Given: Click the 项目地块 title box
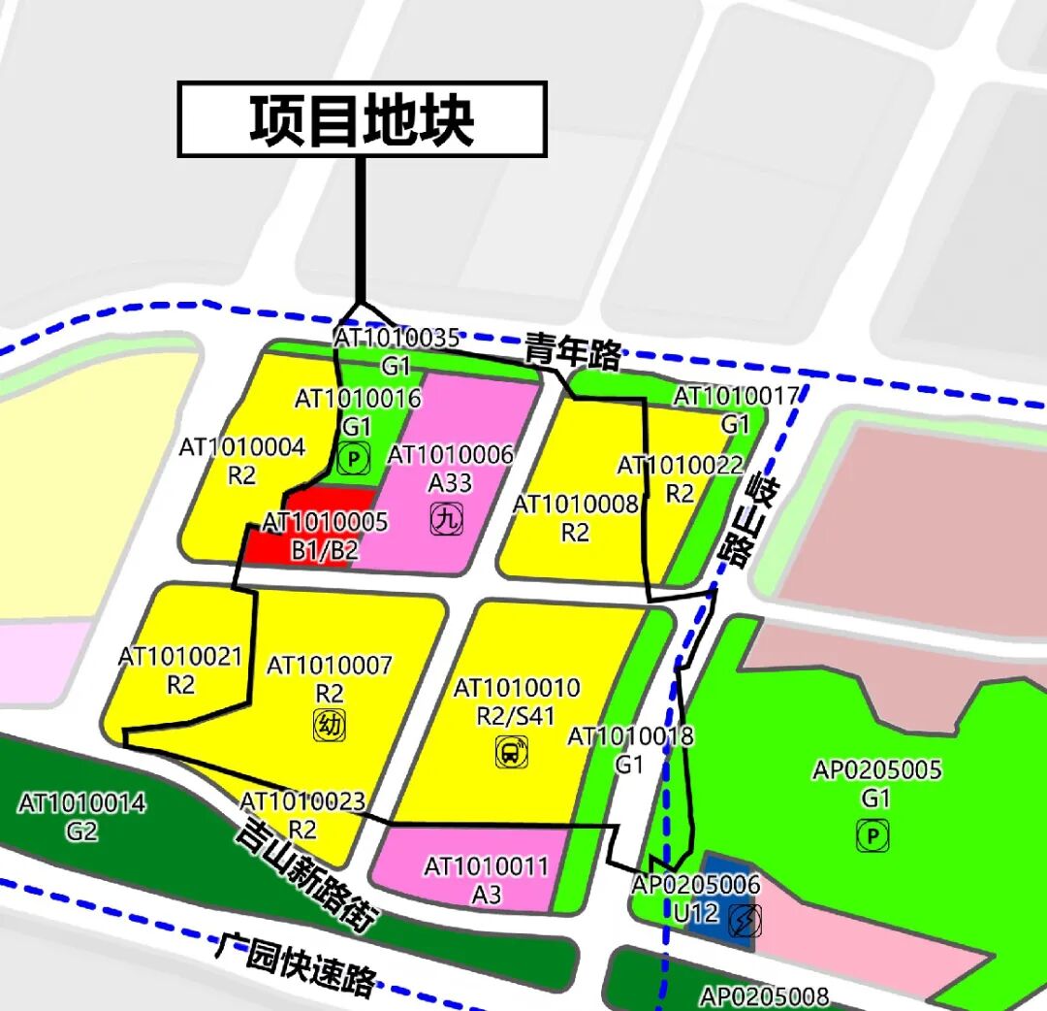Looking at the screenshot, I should click(362, 119).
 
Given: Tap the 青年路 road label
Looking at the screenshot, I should click(573, 352).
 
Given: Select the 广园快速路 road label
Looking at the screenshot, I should click(296, 963).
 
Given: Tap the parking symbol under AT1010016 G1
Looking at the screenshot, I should click(355, 459).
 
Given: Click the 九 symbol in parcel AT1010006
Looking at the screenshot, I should click(446, 520).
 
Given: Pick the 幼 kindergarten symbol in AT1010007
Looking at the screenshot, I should click(330, 725).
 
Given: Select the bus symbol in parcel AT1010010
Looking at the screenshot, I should click(511, 752).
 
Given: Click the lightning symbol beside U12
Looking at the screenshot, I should click(745, 920).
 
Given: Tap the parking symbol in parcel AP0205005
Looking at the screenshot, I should click(873, 835).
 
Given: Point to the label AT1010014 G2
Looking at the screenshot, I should click(82, 817).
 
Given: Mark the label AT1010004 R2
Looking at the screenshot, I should click(242, 461).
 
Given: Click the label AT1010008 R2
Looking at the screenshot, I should click(576, 518).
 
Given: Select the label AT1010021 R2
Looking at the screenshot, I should click(180, 670).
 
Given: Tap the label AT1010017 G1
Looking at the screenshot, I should click(736, 409).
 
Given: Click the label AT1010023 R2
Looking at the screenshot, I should click(302, 815).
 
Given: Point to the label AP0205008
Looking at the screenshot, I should click(765, 996).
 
